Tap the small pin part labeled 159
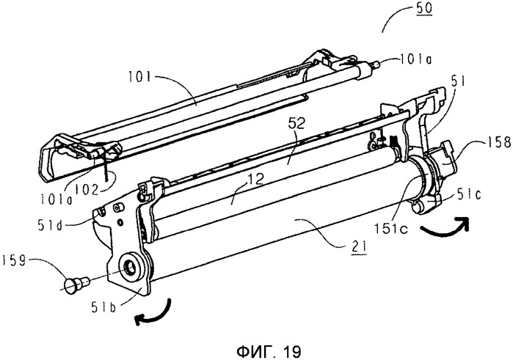[x=73, y=282]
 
